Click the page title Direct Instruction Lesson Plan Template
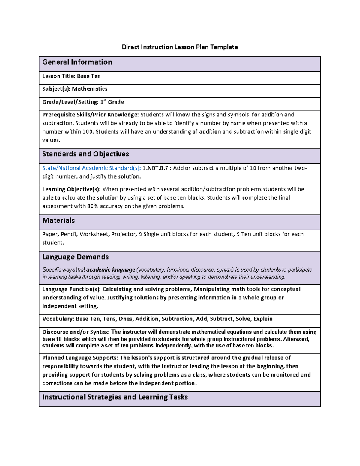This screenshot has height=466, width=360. pos(180,47)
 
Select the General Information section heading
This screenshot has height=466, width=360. pos(77,62)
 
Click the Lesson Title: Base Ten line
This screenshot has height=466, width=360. pos(71,76)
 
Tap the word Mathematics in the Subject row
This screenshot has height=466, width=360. pos(90,89)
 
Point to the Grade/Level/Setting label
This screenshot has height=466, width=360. pos(70,102)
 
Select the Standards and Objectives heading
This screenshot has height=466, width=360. pos(85,154)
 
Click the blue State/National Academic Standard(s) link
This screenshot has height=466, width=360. pos(91,168)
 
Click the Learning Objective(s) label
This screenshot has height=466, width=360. pos(72,189)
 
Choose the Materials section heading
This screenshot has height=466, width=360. pos(58,221)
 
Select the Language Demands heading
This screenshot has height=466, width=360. pos(75,257)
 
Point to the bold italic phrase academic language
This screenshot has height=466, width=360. pos(111,270)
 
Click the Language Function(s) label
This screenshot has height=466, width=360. pos(71,289)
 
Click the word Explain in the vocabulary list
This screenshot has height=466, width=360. pos(263,319)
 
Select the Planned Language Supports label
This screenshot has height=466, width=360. pos(80,358)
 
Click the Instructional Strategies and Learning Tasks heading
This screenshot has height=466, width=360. pos(115,397)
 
